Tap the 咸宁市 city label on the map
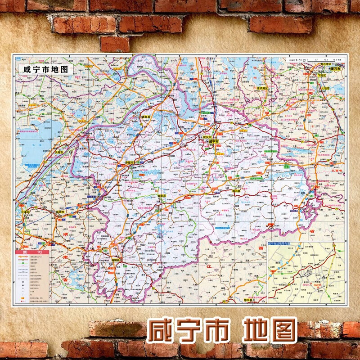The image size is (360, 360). pos(213,141)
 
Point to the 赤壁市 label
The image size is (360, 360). pos(131,162)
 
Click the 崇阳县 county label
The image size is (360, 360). pos(161,196)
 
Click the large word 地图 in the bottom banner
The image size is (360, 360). pos(270,332)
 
